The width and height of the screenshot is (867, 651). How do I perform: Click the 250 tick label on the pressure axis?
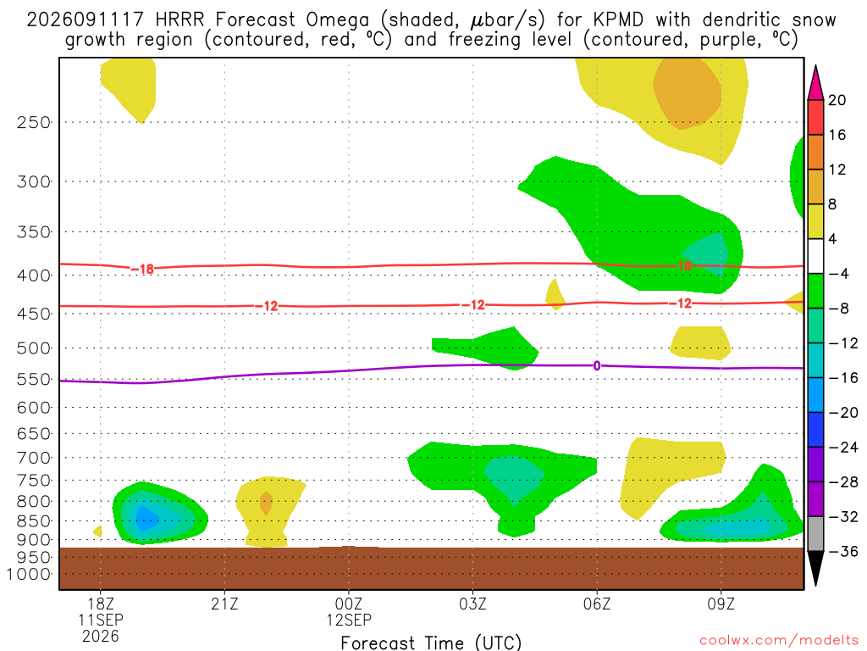coord(33,122)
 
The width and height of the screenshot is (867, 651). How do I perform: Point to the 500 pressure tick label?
coord(33,348)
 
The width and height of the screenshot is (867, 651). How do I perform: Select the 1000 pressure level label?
coord(28,574)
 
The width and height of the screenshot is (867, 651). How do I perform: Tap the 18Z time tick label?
coord(101,604)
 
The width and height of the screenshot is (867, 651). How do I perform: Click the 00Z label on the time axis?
coord(349,604)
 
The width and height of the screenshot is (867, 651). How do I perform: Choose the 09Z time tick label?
coord(721,604)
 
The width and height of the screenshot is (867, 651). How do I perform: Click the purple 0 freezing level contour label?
coord(597,366)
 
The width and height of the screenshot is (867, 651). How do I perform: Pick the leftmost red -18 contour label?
coord(142,269)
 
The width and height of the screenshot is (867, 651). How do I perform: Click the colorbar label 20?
coord(837,100)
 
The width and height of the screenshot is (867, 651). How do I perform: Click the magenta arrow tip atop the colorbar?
coord(815,66)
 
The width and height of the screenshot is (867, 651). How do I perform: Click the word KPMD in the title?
coord(618,20)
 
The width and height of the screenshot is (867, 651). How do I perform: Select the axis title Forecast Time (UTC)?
coord(431,643)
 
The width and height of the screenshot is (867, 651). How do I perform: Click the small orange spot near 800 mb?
coord(266,504)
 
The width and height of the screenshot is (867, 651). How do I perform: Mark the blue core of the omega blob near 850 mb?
coord(146,519)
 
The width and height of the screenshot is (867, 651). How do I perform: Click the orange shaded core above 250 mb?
coord(688,93)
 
